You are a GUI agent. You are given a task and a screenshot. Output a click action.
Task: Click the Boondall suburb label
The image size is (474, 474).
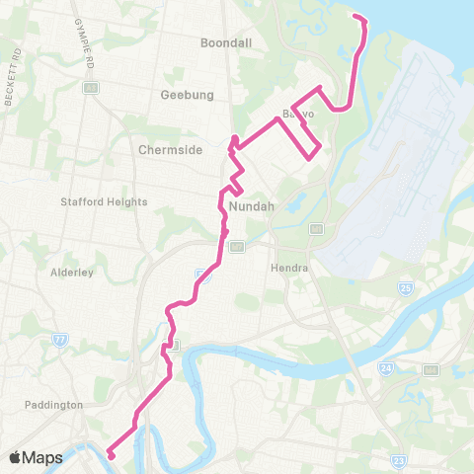pyautogui.click(x=226, y=43)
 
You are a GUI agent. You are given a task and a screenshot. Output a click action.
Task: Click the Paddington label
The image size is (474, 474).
pyautogui.click(x=55, y=405)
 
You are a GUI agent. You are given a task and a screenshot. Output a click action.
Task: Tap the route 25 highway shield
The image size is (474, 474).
pyautogui.click(x=405, y=288)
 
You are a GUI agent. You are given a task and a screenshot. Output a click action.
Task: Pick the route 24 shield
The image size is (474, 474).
pyautogui.click(x=384, y=368)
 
